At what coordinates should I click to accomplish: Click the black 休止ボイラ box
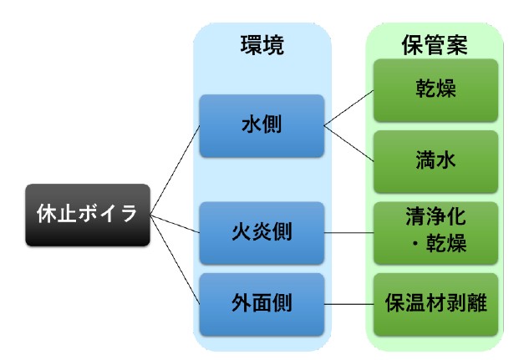[89, 215]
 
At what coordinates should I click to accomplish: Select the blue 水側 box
[262, 126]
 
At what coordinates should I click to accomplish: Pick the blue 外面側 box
[262, 301]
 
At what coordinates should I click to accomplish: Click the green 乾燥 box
[435, 89]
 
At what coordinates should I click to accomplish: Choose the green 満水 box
[435, 160]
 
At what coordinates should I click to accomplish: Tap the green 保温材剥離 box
[435, 301]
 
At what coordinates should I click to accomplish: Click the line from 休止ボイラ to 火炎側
[176, 223]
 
